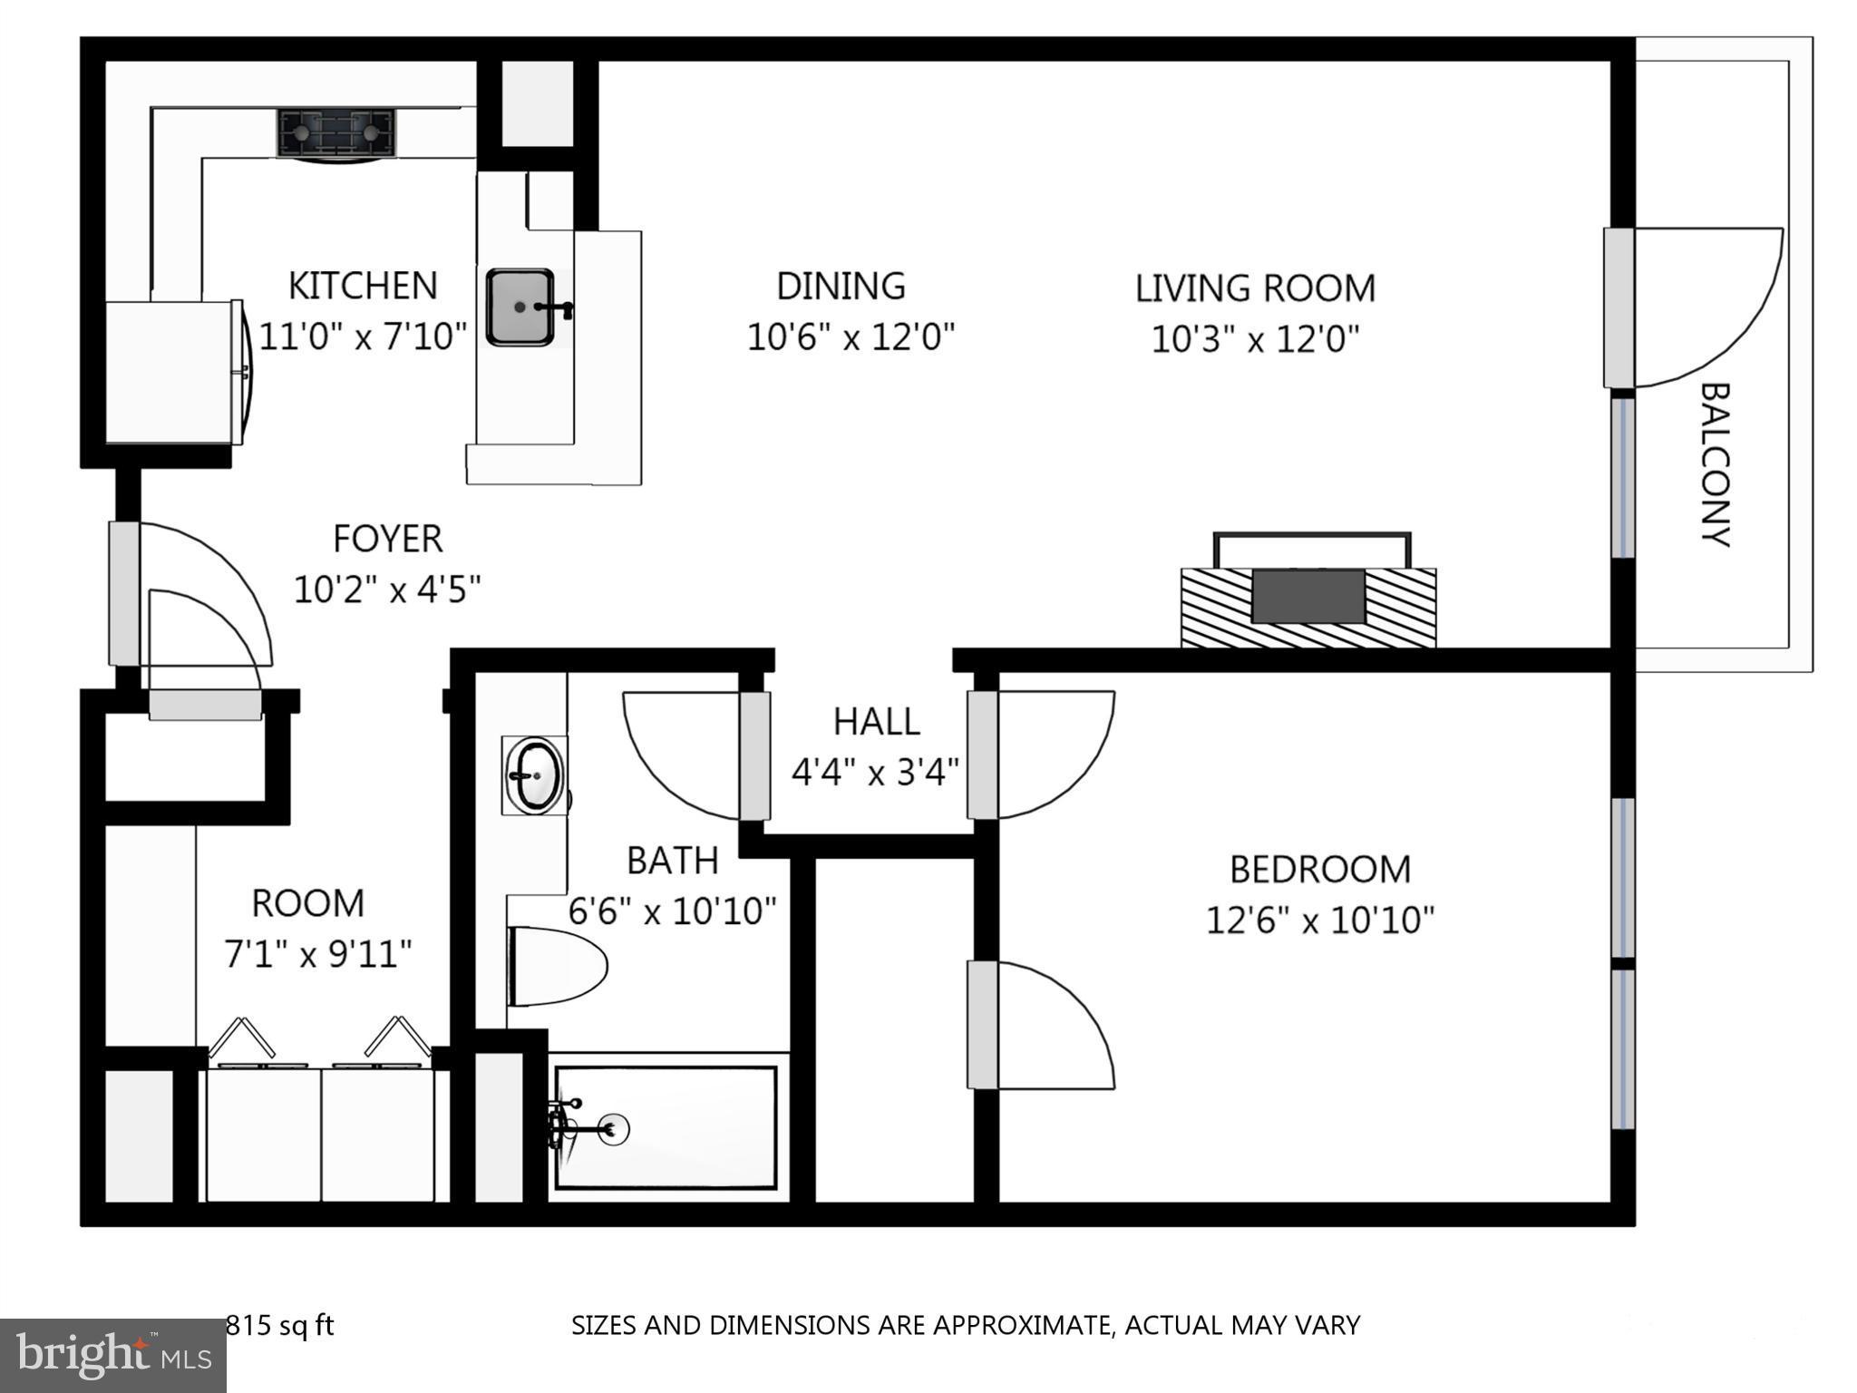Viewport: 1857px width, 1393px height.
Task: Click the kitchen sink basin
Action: pyautogui.click(x=520, y=307)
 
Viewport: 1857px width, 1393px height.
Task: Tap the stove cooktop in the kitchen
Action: pyautogui.click(x=336, y=133)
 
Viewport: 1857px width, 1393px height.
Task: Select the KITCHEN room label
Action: pyautogui.click(x=363, y=286)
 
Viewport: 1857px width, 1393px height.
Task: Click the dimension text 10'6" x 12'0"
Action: pyautogui.click(x=851, y=337)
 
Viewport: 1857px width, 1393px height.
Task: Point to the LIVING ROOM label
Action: pyautogui.click(x=1255, y=288)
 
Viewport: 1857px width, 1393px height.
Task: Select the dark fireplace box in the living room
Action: pyautogui.click(x=1308, y=597)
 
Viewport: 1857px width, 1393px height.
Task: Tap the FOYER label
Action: pyautogui.click(x=387, y=539)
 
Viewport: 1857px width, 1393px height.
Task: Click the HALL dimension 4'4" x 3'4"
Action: pyautogui.click(x=875, y=773)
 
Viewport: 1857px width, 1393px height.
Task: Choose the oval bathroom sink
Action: pyautogui.click(x=535, y=775)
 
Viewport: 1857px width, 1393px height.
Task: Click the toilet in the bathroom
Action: pyautogui.click(x=557, y=966)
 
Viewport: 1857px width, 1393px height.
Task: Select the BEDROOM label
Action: pyautogui.click(x=1319, y=869)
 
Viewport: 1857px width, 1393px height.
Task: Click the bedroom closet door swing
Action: pyautogui.click(x=1061, y=1025)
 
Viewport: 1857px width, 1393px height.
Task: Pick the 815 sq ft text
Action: pyautogui.click(x=279, y=1326)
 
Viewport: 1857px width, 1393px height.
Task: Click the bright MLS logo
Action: pyautogui.click(x=112, y=1356)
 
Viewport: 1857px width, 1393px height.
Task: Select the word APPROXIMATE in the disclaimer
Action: pyautogui.click(x=1022, y=1326)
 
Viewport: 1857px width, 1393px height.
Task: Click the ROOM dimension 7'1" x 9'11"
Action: pyautogui.click(x=317, y=954)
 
